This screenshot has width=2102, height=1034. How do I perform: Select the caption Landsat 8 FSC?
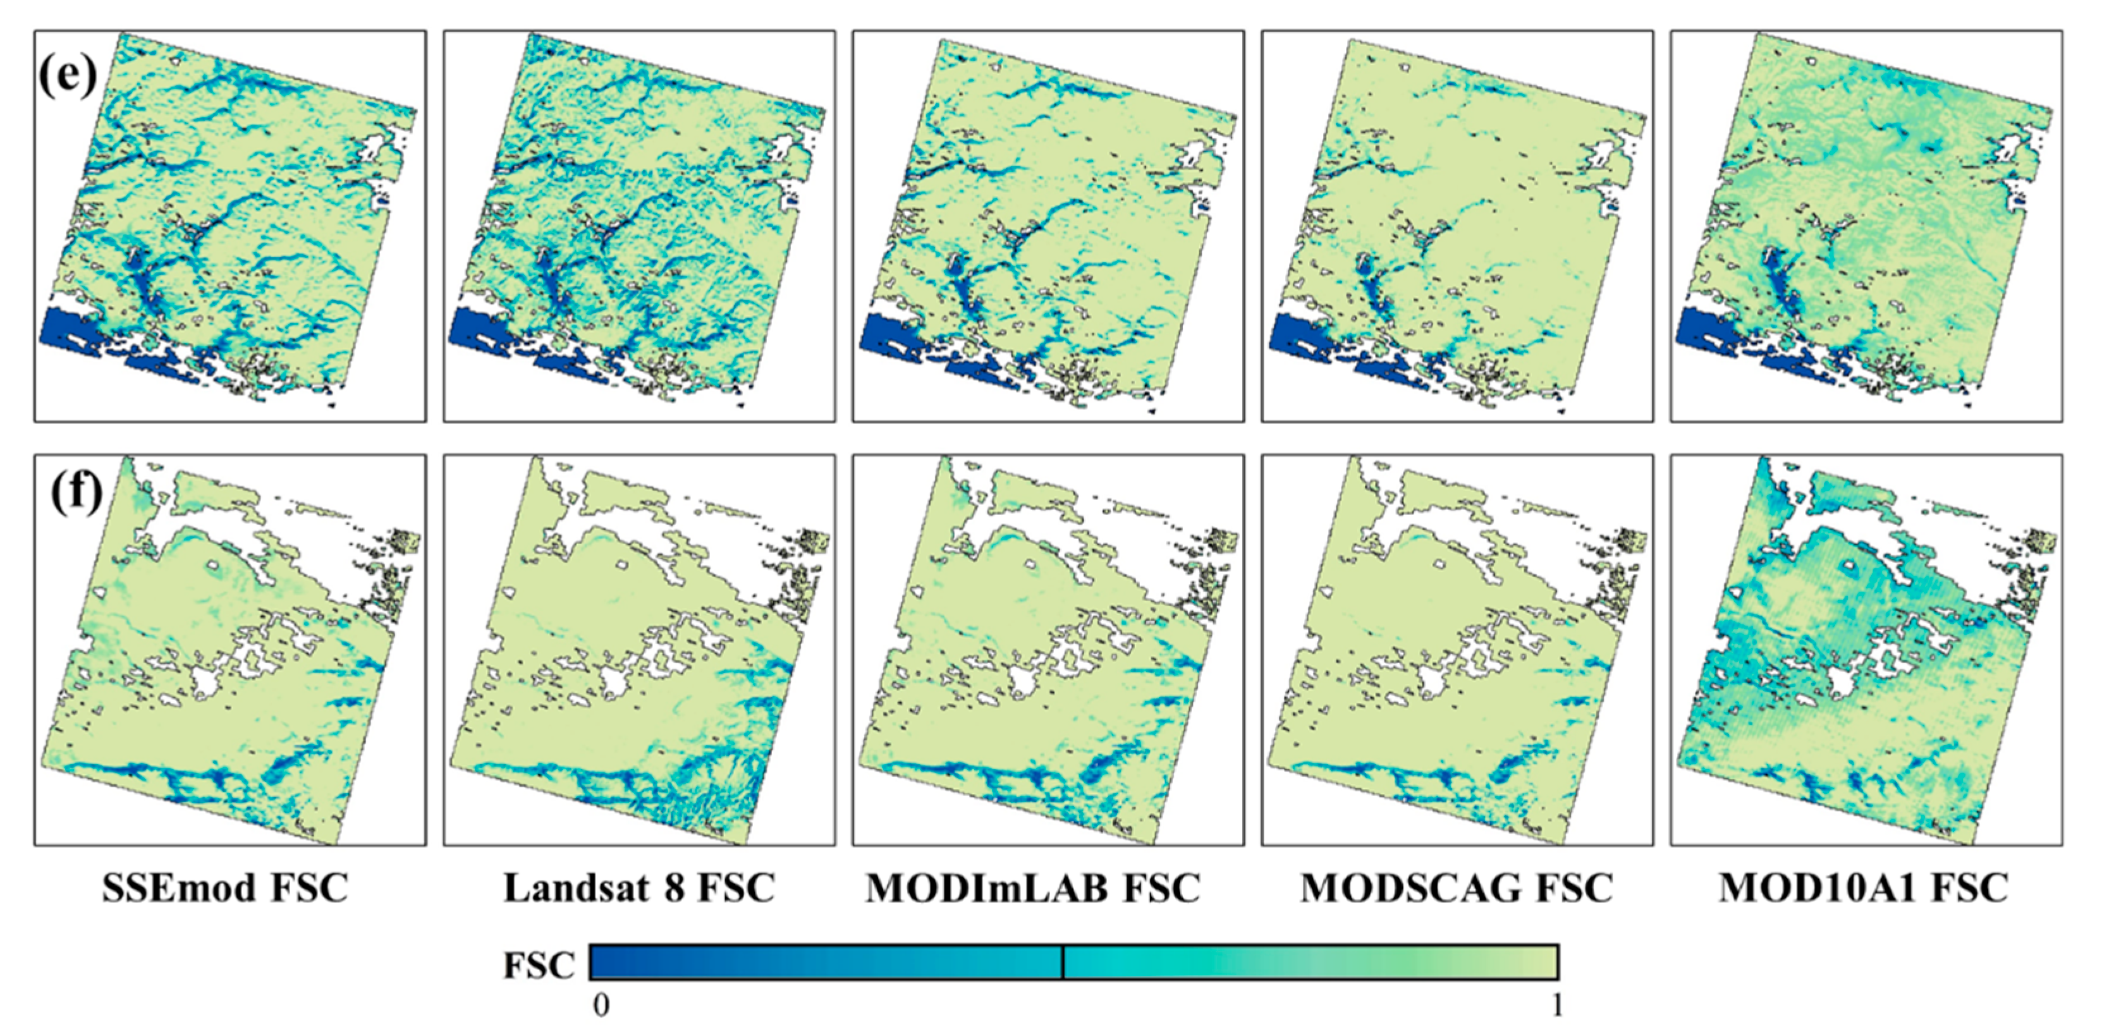tap(639, 888)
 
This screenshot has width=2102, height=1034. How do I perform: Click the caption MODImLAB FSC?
tap(1033, 888)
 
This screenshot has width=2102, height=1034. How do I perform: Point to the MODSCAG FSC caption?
tap(1457, 888)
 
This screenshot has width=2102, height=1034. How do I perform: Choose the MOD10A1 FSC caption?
tap(1864, 888)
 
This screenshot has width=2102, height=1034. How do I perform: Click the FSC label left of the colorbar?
tap(539, 966)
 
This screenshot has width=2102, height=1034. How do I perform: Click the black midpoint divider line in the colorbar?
tap(1063, 962)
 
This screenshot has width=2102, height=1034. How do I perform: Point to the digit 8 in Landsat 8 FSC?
tap(674, 888)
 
